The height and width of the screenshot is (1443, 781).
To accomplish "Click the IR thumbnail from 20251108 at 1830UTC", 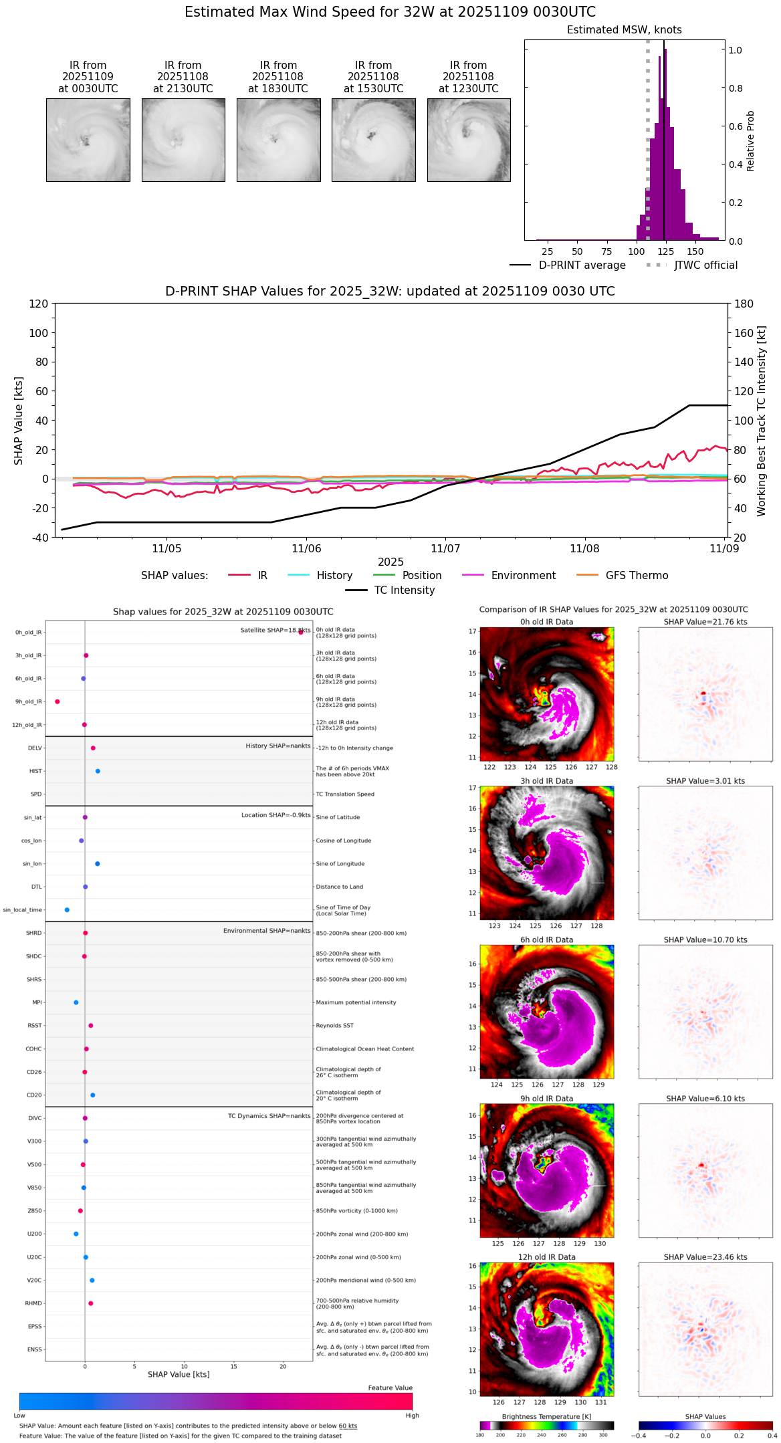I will point(278,140).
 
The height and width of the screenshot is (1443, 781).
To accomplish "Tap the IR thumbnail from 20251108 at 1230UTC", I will point(469,140).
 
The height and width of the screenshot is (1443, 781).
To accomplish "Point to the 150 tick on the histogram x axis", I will point(695,251).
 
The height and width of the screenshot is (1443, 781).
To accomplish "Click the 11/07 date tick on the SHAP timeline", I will point(445,548).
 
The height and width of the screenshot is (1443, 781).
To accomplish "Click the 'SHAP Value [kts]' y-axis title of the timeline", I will point(19,421).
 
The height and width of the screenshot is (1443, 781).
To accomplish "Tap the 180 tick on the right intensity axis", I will point(744,304).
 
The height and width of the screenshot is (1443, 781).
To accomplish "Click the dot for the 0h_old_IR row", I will point(301,632).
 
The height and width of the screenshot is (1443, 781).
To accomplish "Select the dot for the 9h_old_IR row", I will point(58,701).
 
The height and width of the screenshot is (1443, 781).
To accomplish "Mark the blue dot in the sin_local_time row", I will point(67,910).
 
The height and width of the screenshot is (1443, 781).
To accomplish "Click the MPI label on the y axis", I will point(37,1002).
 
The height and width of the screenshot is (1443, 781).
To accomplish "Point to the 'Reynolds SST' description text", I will point(335,1026).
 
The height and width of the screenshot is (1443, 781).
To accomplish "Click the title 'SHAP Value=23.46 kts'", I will point(705,1257).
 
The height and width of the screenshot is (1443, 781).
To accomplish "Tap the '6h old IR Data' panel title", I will point(546,939).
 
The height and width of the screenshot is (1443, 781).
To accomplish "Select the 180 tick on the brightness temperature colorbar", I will point(480,1435).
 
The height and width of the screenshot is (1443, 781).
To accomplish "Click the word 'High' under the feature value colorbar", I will point(412,1416).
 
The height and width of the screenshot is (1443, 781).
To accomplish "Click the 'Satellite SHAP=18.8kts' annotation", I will point(275,631).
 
